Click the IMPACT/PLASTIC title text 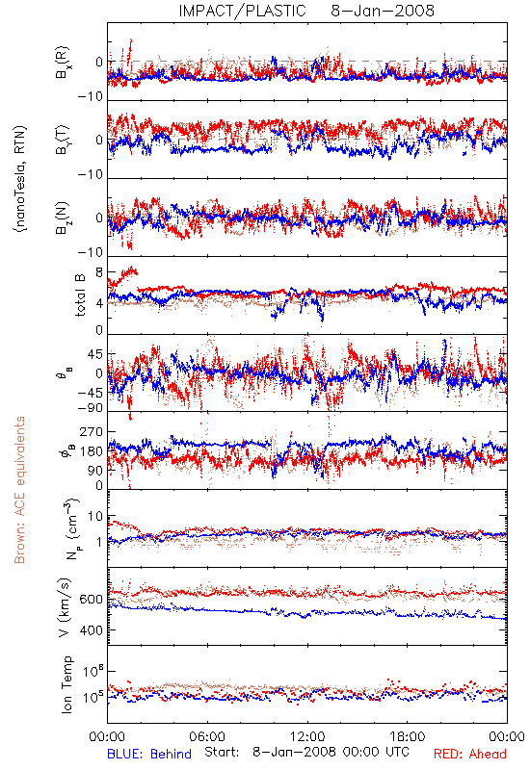point(242,11)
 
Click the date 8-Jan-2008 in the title point(383,11)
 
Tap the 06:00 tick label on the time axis point(207,736)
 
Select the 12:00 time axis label point(307,736)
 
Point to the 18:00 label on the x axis point(408,736)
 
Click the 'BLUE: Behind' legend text point(149,754)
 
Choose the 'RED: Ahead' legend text point(469,754)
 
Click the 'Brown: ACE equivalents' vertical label point(19,490)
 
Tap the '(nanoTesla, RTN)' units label point(20,178)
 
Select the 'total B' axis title point(80,295)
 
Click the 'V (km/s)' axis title point(65,607)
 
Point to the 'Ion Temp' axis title point(66,684)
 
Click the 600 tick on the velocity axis point(92,600)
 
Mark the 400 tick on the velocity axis point(92,630)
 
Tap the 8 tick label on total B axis point(99,272)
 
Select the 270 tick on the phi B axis point(92,431)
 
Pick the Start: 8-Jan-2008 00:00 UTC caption point(306,752)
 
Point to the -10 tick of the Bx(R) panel point(91,97)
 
